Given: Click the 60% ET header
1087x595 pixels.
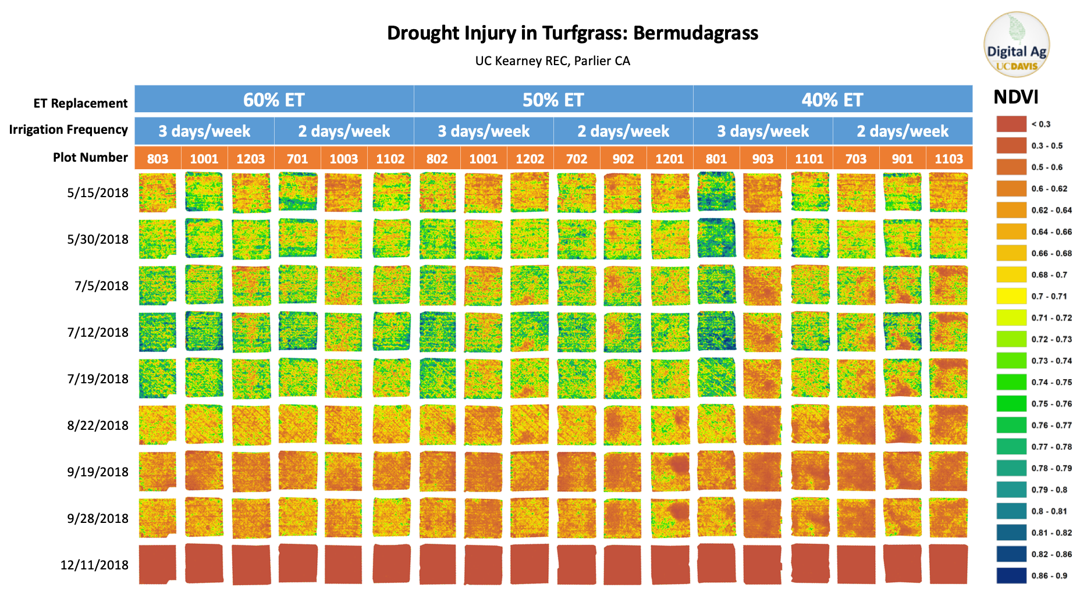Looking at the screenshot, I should click(x=273, y=99).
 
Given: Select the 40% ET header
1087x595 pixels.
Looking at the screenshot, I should click(x=832, y=99).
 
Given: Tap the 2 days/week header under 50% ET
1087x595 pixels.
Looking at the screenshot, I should click(x=623, y=131).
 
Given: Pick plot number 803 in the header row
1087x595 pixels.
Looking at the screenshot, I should click(x=158, y=159).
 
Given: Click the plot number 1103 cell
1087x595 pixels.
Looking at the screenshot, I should click(x=949, y=159).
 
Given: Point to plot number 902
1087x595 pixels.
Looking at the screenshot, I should click(x=623, y=159).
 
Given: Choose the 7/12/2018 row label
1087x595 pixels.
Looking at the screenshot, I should click(x=98, y=332).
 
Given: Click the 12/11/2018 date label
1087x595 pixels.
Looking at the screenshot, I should click(x=94, y=565).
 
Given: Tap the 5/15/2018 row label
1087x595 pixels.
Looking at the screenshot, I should click(x=98, y=193).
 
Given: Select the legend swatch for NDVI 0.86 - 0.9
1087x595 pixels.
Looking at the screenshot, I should click(x=1011, y=575).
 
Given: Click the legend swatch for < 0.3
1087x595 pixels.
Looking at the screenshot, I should click(x=1011, y=124).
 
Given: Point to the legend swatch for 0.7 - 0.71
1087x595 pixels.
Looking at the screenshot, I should click(x=1011, y=296).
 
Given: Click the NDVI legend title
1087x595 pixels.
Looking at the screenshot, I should click(x=1015, y=97).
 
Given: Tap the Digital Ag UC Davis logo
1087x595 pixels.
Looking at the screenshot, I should click(x=1016, y=45).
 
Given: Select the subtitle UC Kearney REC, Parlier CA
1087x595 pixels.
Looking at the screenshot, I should click(x=552, y=61).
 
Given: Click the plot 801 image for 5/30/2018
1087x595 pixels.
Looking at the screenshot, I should click(x=716, y=238).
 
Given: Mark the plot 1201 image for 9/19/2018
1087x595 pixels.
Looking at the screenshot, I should click(x=670, y=471).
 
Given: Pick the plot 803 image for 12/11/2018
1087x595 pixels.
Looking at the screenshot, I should click(x=158, y=564).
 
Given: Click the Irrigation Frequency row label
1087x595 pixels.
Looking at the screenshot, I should click(x=68, y=130).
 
